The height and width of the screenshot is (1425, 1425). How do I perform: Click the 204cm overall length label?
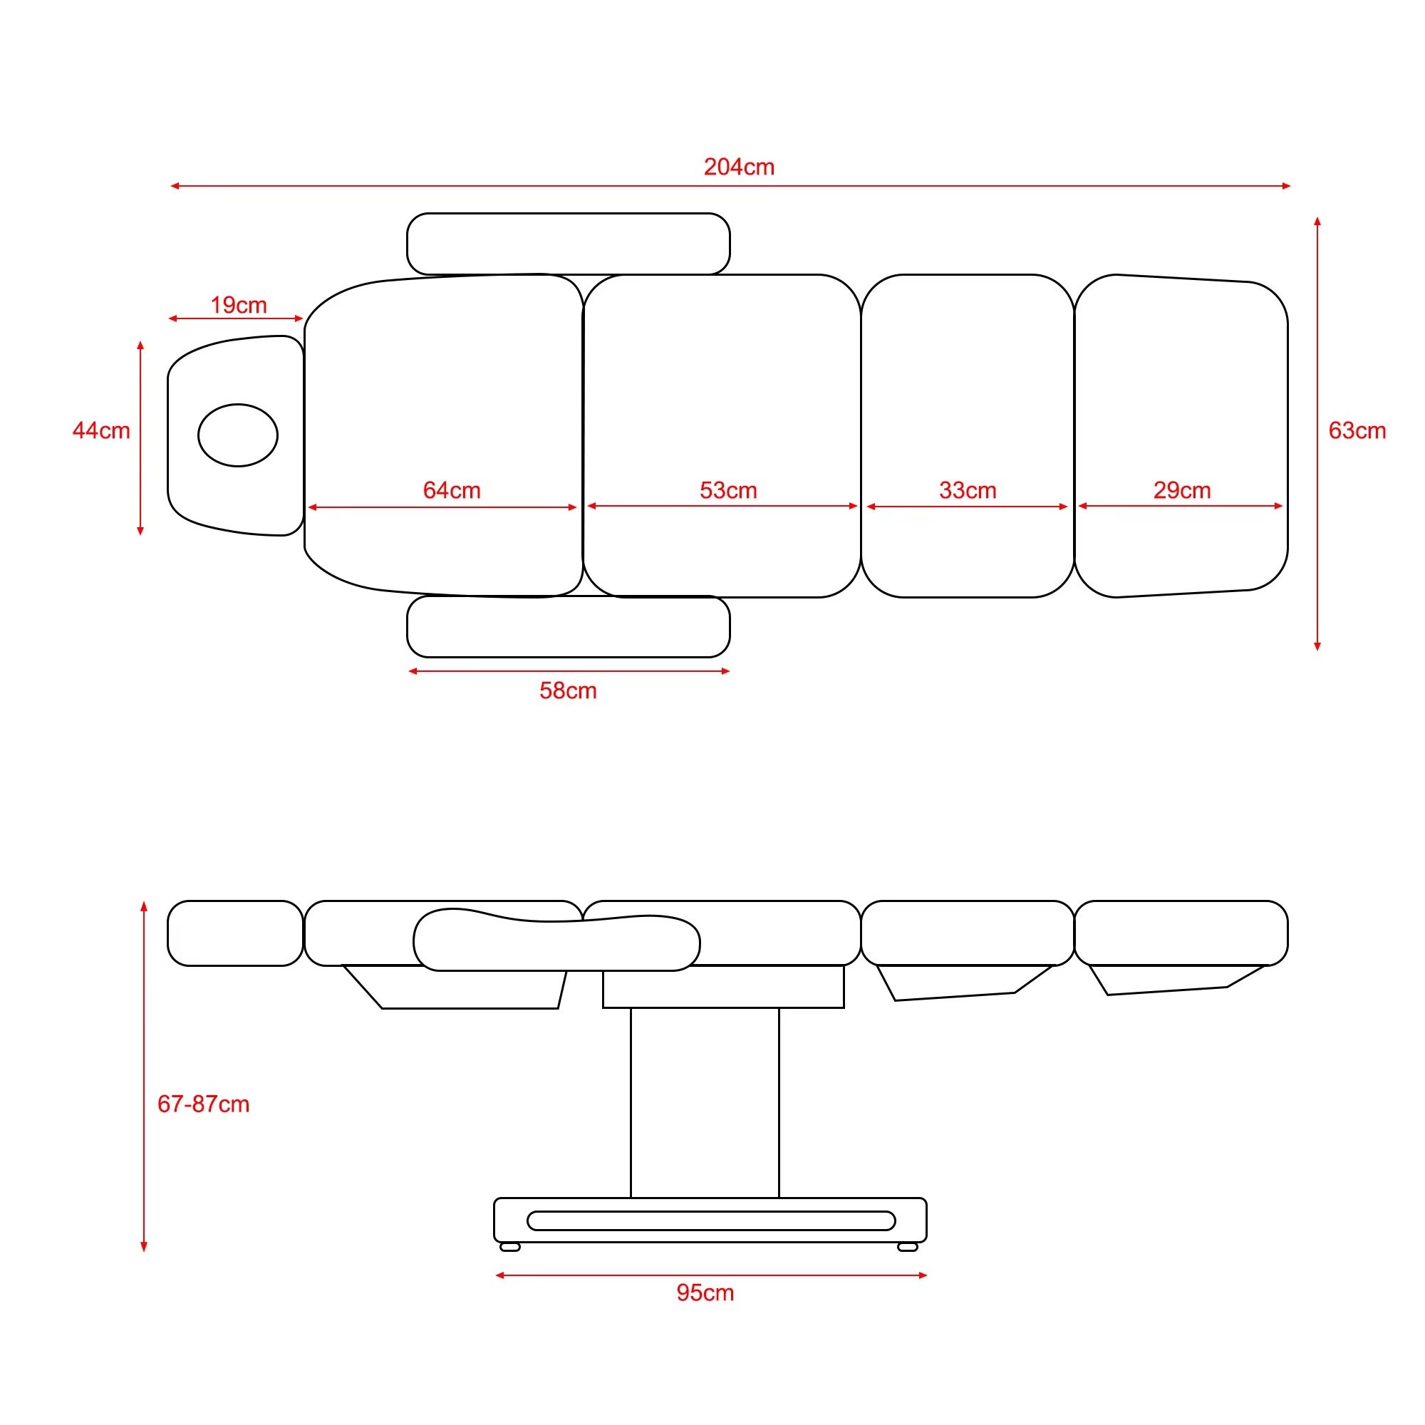[739, 167]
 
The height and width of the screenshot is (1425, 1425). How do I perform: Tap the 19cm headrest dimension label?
[238, 305]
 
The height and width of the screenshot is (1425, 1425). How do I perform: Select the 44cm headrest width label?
[101, 430]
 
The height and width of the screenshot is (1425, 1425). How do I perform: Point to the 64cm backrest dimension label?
[452, 489]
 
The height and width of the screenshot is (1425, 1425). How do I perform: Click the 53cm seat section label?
[728, 489]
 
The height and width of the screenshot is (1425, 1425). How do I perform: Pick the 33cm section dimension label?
[968, 489]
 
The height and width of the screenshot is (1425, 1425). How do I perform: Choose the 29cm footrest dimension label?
[1181, 489]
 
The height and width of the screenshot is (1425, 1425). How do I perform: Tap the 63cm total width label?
[1357, 430]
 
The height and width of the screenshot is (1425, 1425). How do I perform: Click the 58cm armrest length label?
[568, 690]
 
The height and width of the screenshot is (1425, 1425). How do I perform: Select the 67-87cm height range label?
[204, 1104]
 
